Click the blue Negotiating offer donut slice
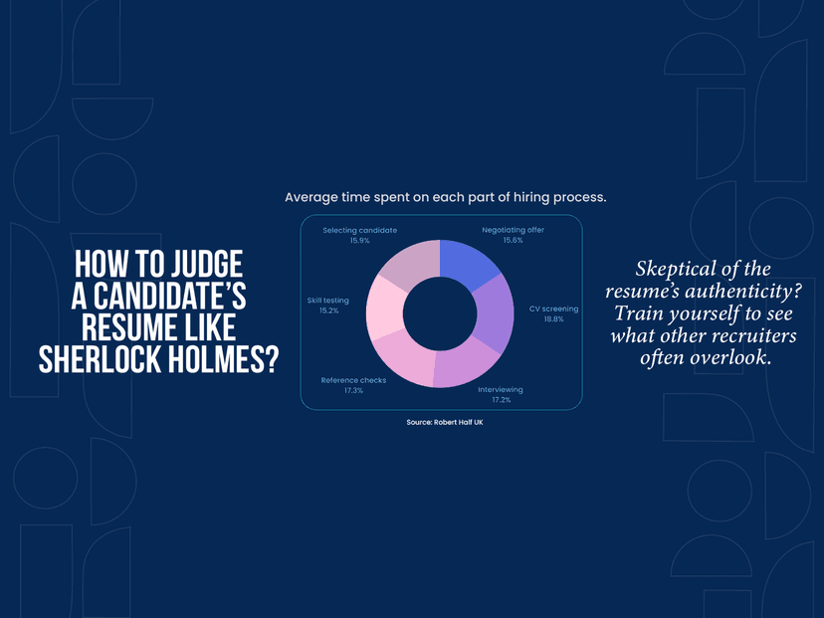click(x=468, y=263)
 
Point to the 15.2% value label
click(x=328, y=310)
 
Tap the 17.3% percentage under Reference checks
click(x=353, y=390)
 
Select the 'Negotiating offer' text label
click(x=514, y=230)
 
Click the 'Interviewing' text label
click(x=501, y=389)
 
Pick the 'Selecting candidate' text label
click(x=359, y=230)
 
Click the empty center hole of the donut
click(x=439, y=313)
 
